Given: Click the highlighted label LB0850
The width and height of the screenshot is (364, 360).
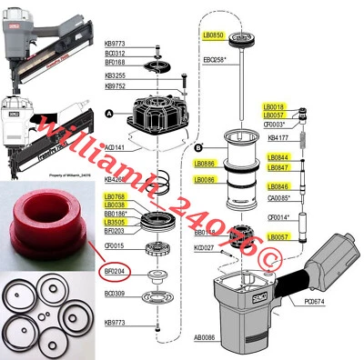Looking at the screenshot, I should (213, 35).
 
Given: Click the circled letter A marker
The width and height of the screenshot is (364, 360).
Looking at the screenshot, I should (109, 111).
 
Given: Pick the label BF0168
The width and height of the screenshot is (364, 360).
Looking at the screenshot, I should (115, 62).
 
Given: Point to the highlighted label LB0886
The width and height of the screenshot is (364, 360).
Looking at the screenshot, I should (205, 164).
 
